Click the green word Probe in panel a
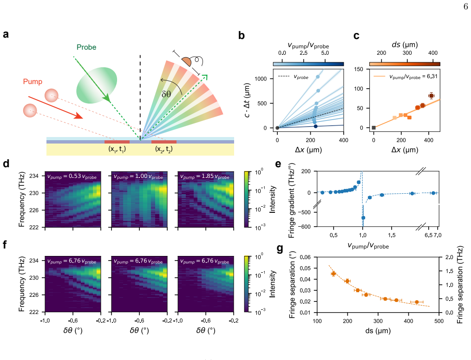pyautogui.click(x=86, y=47)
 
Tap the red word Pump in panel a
pyautogui.click(x=33, y=82)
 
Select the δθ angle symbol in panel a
pyautogui.click(x=166, y=94)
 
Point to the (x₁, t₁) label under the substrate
pyautogui.click(x=117, y=149)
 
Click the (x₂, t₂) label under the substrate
pyautogui.click(x=164, y=149)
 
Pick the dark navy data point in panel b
pyautogui.click(x=315, y=126)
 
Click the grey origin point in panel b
pyautogui.click(x=277, y=128)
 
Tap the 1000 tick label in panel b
pyautogui.click(x=261, y=79)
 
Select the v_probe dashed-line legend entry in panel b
pyautogui.click(x=293, y=77)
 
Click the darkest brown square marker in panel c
pyautogui.click(x=431, y=96)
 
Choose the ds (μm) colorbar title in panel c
pyautogui.click(x=405, y=45)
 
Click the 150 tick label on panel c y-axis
pyautogui.click(x=358, y=69)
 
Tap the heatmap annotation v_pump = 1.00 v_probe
pyautogui.click(x=138, y=177)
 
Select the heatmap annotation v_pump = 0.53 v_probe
pyautogui.click(x=72, y=177)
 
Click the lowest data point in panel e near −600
pyautogui.click(x=363, y=218)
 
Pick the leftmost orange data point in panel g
pyautogui.click(x=334, y=274)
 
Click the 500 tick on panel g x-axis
pyautogui.click(x=439, y=321)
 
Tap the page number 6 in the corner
pyautogui.click(x=465, y=7)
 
